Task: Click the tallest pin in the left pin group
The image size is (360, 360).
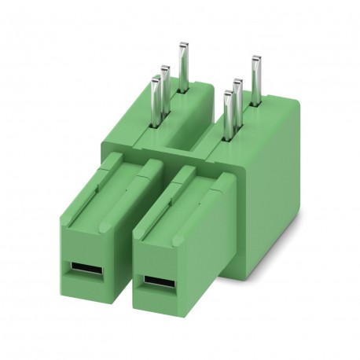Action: click(183, 67)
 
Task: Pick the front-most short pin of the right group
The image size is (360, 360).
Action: click(229, 114)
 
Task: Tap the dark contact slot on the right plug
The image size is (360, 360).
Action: click(155, 281)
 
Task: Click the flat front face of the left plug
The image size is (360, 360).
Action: click(82, 252)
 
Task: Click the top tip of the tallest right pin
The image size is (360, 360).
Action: click(255, 59)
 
